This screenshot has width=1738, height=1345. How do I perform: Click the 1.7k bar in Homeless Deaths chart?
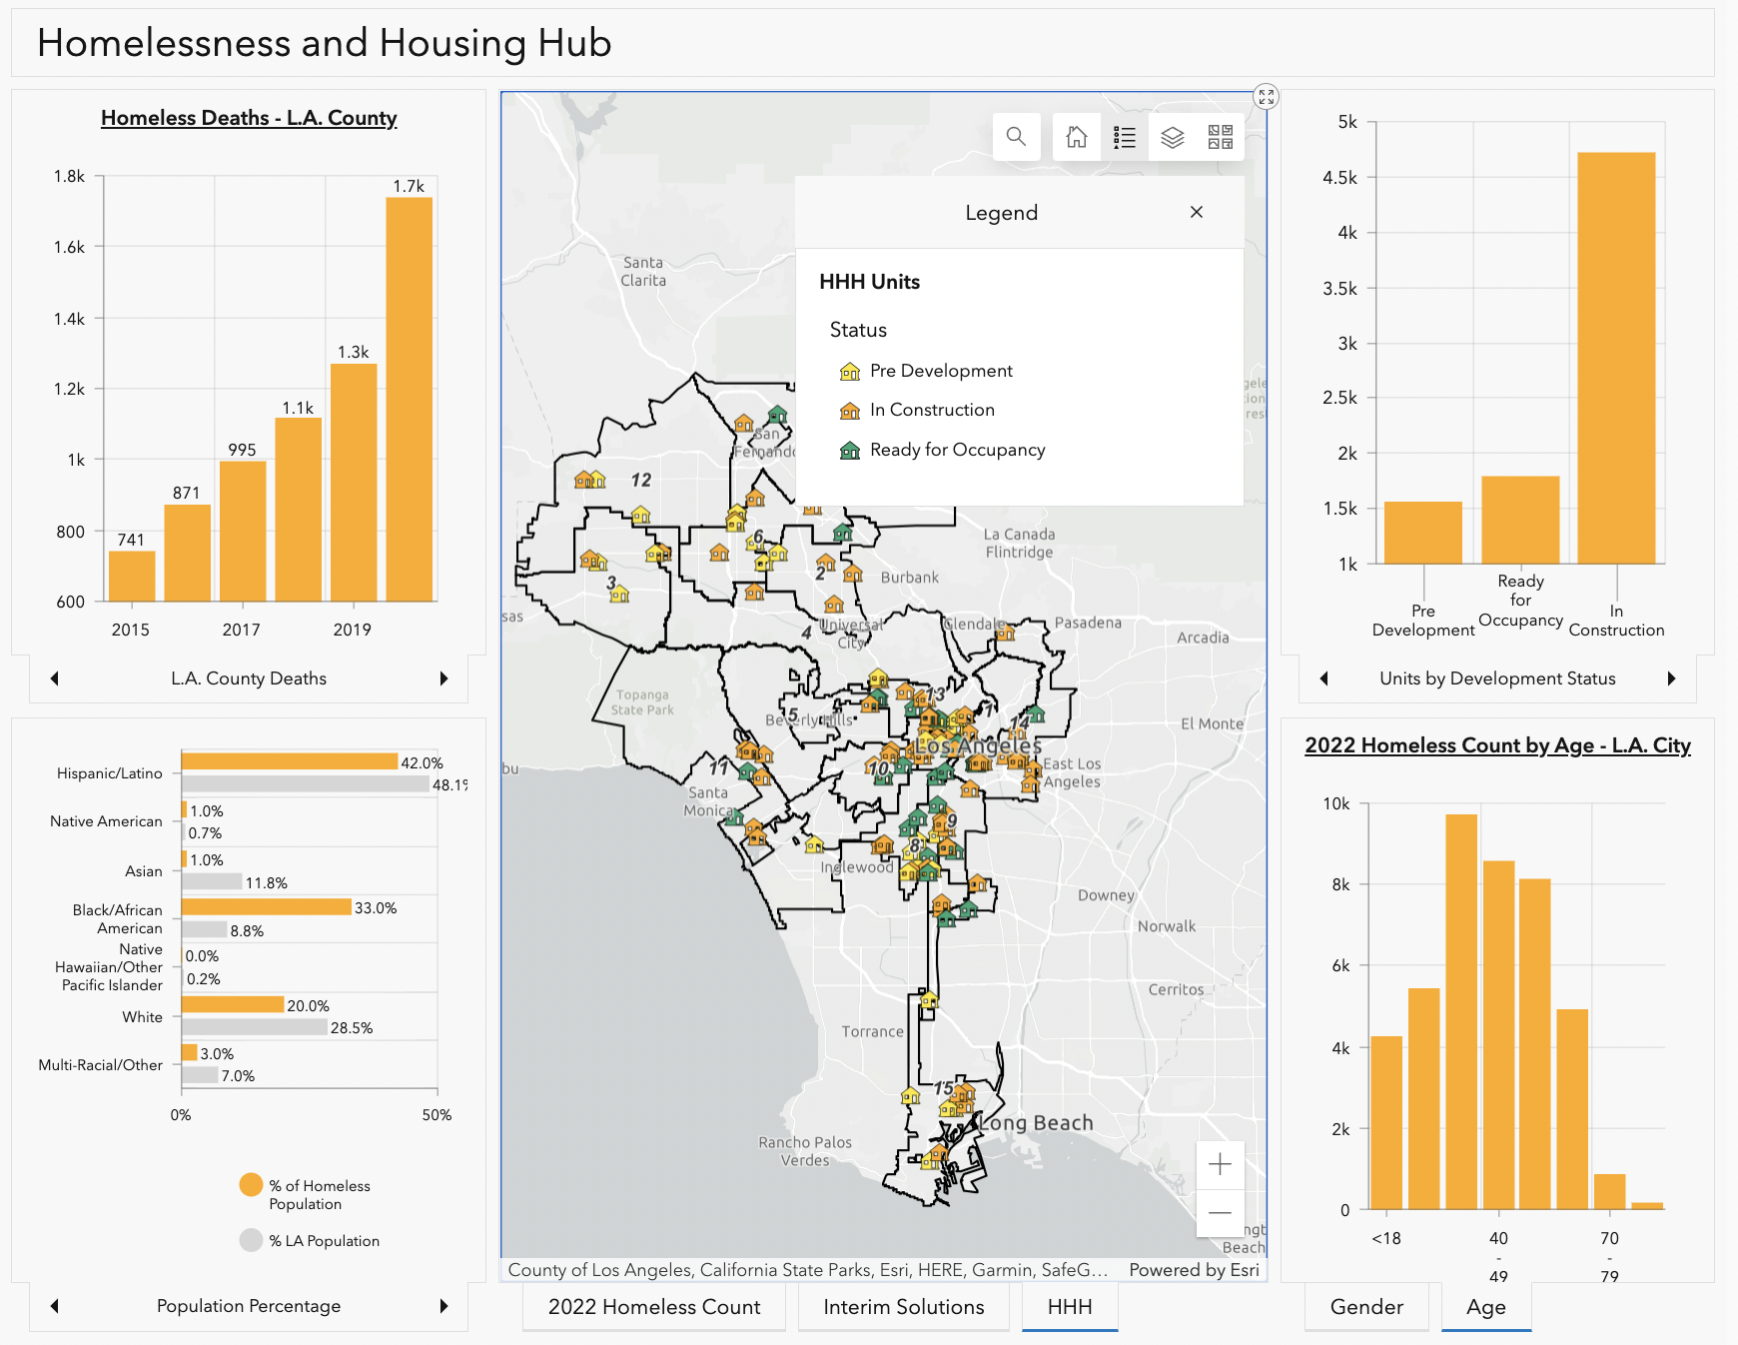click(x=409, y=400)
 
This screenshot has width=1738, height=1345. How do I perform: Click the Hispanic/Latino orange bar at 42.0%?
click(x=290, y=761)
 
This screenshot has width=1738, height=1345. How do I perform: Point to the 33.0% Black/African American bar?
click(x=266, y=906)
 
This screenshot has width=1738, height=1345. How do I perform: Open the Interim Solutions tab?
click(x=903, y=1307)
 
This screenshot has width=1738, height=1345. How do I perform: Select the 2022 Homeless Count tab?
click(x=654, y=1307)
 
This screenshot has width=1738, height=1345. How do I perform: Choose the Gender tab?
click(x=1365, y=1307)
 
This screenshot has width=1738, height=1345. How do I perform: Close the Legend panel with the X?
click(x=1196, y=212)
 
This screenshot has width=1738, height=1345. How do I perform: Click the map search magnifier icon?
click(x=1016, y=137)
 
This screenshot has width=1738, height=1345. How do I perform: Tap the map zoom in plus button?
click(x=1220, y=1164)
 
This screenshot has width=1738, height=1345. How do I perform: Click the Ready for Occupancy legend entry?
click(x=956, y=450)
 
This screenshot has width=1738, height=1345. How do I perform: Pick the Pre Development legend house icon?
click(x=850, y=372)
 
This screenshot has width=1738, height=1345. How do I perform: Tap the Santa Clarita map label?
click(x=643, y=272)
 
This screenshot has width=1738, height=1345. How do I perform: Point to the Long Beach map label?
click(x=1036, y=1123)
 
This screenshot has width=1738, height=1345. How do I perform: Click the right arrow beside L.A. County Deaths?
click(x=443, y=678)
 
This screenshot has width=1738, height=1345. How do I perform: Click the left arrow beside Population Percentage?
click(x=55, y=1306)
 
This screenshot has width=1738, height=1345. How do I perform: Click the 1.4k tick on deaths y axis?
click(x=70, y=319)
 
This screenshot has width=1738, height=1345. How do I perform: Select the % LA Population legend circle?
click(x=251, y=1240)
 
